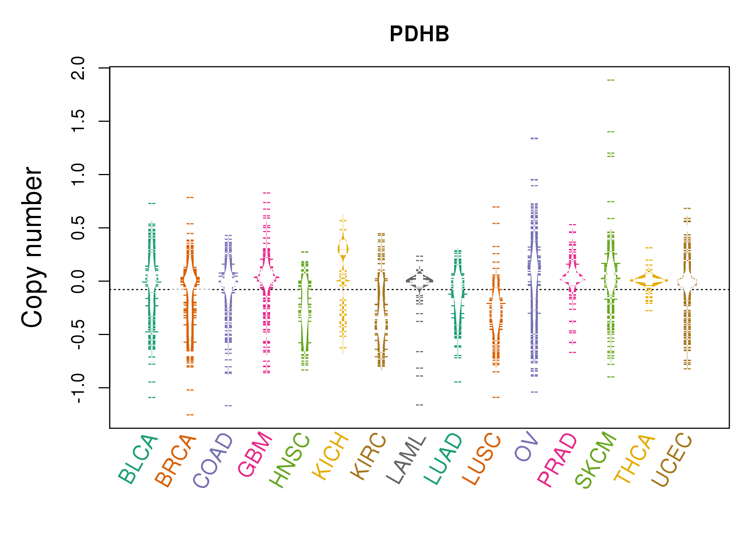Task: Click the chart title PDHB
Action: [419, 34]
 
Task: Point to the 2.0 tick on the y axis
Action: [78, 68]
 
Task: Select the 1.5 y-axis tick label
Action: [78, 121]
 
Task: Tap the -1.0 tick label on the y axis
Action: [78, 388]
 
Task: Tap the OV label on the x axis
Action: [526, 447]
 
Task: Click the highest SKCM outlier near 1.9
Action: [611, 80]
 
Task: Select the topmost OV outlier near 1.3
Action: [534, 138]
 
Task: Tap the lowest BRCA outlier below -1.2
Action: [190, 415]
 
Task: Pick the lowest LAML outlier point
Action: [420, 405]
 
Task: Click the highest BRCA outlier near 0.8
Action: [190, 197]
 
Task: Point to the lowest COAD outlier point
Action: [228, 406]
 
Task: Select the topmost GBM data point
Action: [266, 193]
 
